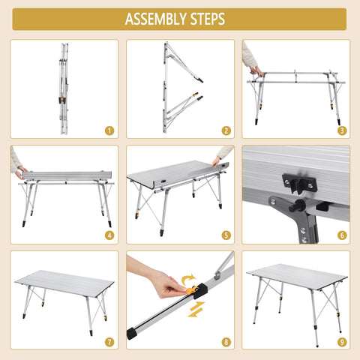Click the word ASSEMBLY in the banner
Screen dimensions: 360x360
coord(156,19)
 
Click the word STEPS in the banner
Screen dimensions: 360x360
coord(208,19)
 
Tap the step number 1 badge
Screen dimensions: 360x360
coord(109,130)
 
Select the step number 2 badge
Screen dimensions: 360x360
coord(226,130)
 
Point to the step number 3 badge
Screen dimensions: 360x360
coord(342,130)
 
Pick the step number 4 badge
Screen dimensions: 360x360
coord(109,235)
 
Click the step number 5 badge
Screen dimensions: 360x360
coord(226,235)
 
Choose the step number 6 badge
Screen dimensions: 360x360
coord(342,235)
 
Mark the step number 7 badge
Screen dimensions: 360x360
coord(109,342)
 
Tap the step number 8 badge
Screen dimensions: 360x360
coord(226,342)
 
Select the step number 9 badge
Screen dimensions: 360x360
coord(342,342)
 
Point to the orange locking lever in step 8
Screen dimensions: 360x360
coord(190,290)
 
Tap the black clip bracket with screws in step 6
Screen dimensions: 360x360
coord(299,184)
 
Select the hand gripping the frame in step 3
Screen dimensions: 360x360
coord(256,70)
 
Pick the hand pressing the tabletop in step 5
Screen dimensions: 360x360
coord(216,161)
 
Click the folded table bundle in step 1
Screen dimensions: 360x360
coord(64,88)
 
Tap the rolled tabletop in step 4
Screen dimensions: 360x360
coord(67,175)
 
